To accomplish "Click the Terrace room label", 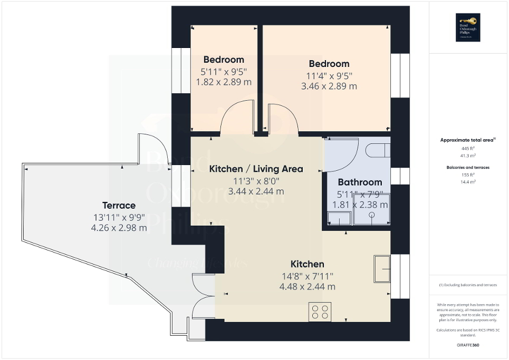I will click(x=119, y=205).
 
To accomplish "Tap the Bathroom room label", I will click(x=360, y=182).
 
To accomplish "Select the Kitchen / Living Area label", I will click(x=256, y=169).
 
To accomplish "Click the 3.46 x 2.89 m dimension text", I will click(x=329, y=86).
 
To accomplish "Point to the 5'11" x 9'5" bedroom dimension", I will click(x=224, y=71).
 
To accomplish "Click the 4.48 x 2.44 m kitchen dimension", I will click(x=308, y=287).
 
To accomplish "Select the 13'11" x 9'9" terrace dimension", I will click(x=119, y=217).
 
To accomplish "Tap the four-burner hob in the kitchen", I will click(x=320, y=312).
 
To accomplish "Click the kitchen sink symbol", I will click(x=381, y=269).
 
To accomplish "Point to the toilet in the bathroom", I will click(x=379, y=151).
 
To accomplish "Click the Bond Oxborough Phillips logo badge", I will click(x=468, y=27).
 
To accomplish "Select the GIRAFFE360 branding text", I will click(x=468, y=345).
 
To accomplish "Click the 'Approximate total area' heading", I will click(x=467, y=140).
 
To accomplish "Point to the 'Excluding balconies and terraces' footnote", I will click(x=468, y=285).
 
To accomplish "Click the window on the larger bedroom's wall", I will click(x=400, y=75).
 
